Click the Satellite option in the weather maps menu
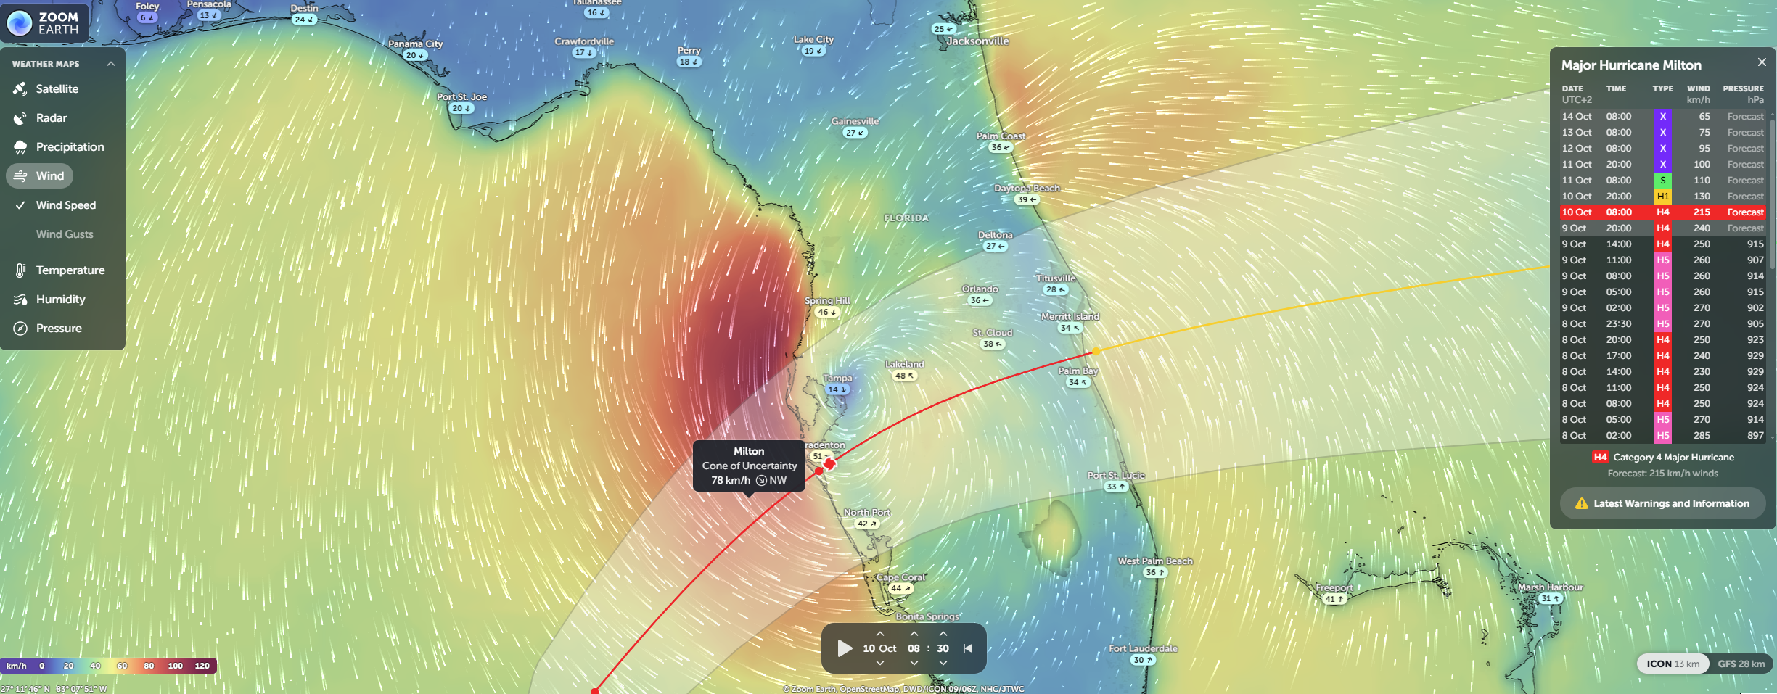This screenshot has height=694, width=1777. (57, 89)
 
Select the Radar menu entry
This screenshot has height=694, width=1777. (51, 118)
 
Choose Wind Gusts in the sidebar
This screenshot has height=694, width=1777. (65, 234)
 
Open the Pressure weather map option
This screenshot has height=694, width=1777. (59, 329)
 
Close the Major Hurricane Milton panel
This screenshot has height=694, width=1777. (1762, 62)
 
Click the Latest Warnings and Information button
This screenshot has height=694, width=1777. (1662, 503)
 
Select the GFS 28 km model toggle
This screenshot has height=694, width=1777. (1741, 664)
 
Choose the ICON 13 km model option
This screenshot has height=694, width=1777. (1673, 664)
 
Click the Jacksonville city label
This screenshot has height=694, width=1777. (977, 41)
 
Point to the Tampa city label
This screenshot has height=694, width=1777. (837, 379)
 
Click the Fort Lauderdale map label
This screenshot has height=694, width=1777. (1143, 649)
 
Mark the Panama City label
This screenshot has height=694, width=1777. (415, 44)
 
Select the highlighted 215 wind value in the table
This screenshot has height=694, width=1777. (1702, 212)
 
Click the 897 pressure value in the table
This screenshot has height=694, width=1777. (1755, 436)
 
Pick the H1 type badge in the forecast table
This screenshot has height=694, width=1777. (1662, 197)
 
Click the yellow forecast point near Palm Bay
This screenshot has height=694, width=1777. (1096, 352)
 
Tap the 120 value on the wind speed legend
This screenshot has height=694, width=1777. (202, 666)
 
